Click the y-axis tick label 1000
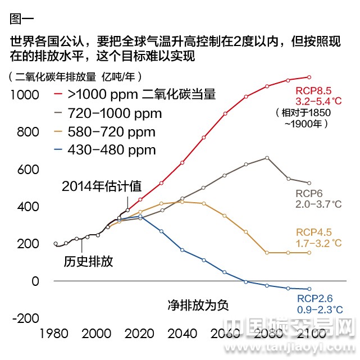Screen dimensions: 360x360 25,95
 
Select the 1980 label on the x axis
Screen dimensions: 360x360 54,334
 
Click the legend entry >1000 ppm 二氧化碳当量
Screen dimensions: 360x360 140,94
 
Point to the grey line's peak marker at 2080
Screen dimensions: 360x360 267,158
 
